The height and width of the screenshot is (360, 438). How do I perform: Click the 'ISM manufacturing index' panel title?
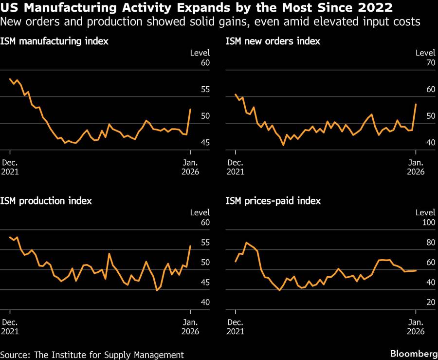(54, 41)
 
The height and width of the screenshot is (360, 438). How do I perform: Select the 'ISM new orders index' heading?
(273, 41)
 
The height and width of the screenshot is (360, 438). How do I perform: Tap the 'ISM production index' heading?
(46, 201)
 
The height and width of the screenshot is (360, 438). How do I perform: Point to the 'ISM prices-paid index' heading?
(273, 201)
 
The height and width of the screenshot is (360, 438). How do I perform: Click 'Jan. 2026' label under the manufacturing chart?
(190, 167)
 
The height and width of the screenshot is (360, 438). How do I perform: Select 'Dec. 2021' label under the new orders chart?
(236, 167)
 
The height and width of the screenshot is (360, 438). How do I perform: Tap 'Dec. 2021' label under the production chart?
(10, 326)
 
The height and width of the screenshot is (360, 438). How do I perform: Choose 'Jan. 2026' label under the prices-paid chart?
(416, 326)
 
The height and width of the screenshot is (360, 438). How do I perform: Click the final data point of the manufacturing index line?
(190, 109)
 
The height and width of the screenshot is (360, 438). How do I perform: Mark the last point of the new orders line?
(416, 104)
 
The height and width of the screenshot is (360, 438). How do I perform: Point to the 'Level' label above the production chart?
(200, 212)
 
